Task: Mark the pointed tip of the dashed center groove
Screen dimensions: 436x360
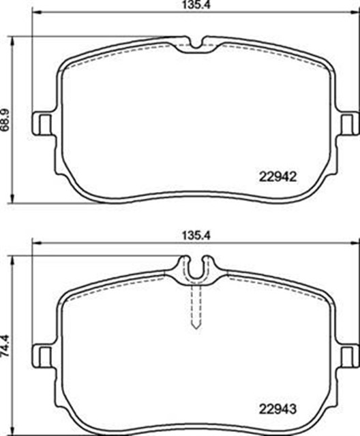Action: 196,328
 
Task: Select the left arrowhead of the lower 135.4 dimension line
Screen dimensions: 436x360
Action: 35,245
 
